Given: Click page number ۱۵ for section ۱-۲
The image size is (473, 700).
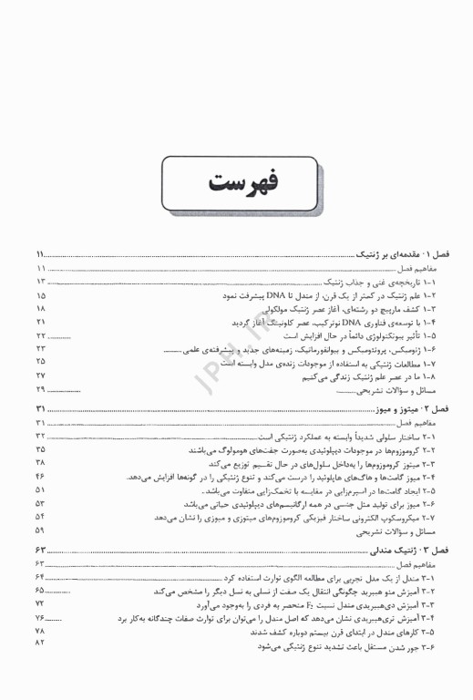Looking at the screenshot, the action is pos(40,296).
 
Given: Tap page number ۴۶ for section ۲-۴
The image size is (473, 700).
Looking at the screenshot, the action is pos(40,477).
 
